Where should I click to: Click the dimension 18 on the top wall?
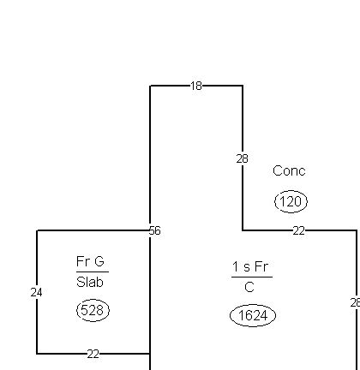point(196,86)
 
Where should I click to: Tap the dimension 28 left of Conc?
point(243,158)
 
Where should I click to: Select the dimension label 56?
point(154,230)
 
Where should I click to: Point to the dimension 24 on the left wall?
point(36,292)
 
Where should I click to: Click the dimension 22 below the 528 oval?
point(93,353)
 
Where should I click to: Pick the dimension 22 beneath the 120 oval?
point(298,230)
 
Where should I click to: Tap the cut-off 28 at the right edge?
point(355,302)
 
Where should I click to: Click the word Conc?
point(289,171)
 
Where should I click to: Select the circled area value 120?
point(291,202)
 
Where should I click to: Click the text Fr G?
point(92,261)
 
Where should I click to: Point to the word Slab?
point(92,282)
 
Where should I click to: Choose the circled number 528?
point(92,310)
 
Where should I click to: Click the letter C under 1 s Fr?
point(249,288)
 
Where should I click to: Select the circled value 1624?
point(253,316)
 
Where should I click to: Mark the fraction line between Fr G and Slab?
point(92,272)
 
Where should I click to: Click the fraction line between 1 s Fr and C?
point(251,277)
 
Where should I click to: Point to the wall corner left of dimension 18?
point(151,86)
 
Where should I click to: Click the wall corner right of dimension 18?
point(243,86)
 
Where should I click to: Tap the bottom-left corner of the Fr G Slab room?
point(37,353)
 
